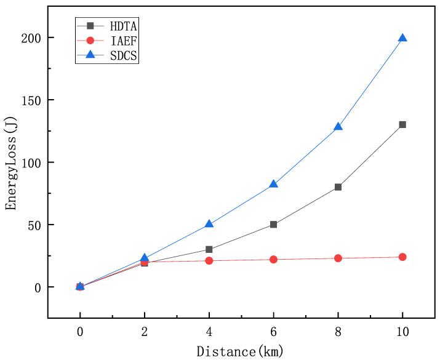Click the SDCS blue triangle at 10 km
point(402,38)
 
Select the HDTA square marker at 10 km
point(402,124)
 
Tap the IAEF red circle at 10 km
point(402,257)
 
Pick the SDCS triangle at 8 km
point(338,127)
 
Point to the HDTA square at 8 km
point(338,187)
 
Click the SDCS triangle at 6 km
point(273,184)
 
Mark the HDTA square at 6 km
point(273,225)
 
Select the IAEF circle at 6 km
point(273,260)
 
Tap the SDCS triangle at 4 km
point(209,223)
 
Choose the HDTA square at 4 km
point(209,249)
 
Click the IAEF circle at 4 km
point(209,261)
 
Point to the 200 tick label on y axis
point(31,38)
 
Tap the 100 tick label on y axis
point(31,162)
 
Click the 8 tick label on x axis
point(338,330)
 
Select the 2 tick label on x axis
point(145,330)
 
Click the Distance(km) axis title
point(241,351)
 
